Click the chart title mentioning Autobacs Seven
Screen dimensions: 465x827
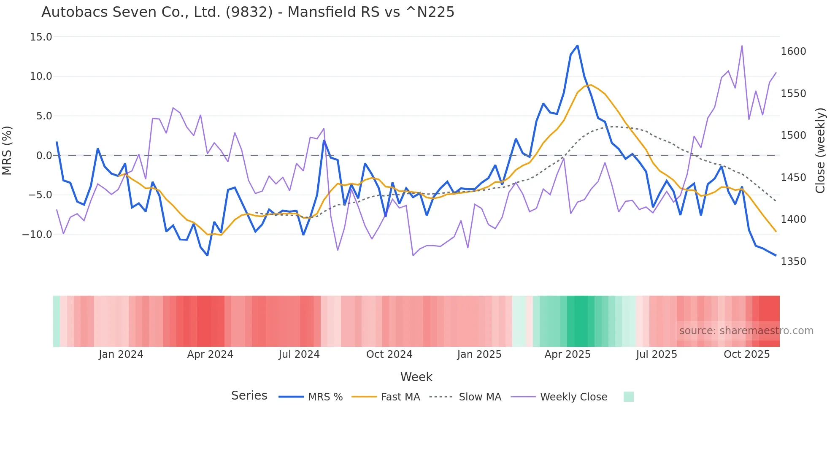point(248,12)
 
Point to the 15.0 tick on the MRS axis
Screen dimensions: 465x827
point(41,37)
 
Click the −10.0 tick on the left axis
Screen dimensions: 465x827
point(37,235)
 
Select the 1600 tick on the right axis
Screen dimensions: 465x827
point(793,51)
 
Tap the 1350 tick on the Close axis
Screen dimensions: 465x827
point(793,262)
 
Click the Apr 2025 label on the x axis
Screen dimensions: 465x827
point(568,354)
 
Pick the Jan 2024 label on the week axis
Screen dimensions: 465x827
point(121,354)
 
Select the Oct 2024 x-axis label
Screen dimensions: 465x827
point(389,354)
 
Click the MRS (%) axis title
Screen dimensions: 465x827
point(7,151)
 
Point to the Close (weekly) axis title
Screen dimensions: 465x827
point(820,151)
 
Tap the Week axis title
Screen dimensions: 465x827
point(416,377)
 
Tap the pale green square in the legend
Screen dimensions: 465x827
point(628,397)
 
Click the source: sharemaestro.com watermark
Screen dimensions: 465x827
point(746,331)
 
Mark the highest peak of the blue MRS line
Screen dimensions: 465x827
point(577,46)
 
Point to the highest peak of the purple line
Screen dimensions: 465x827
point(742,46)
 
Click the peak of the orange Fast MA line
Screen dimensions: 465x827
point(591,85)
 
